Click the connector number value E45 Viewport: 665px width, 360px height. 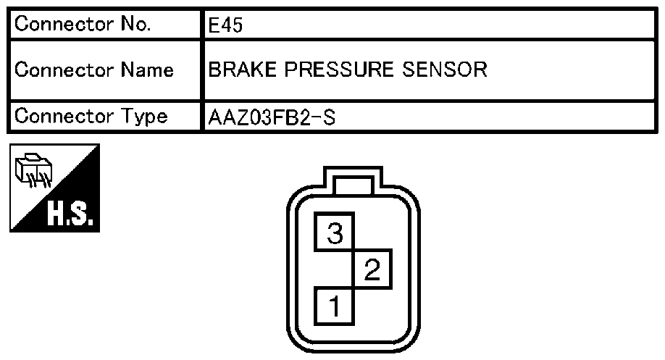pyautogui.click(x=225, y=25)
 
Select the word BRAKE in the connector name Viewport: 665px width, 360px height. pyautogui.click(x=242, y=70)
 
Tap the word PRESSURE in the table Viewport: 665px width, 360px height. pyautogui.click(x=339, y=70)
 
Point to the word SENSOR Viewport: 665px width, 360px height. pyautogui.click(x=445, y=70)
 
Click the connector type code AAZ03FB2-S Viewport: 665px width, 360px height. pyautogui.click(x=272, y=117)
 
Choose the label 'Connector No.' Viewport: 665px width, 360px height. pyautogui.click(x=83, y=24)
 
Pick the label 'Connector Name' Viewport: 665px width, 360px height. pyautogui.click(x=94, y=70)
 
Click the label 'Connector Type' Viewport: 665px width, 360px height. pyautogui.click(x=91, y=116)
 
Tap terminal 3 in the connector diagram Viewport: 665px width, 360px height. pyautogui.click(x=334, y=232)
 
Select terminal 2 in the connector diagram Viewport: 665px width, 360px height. pyautogui.click(x=372, y=269)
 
